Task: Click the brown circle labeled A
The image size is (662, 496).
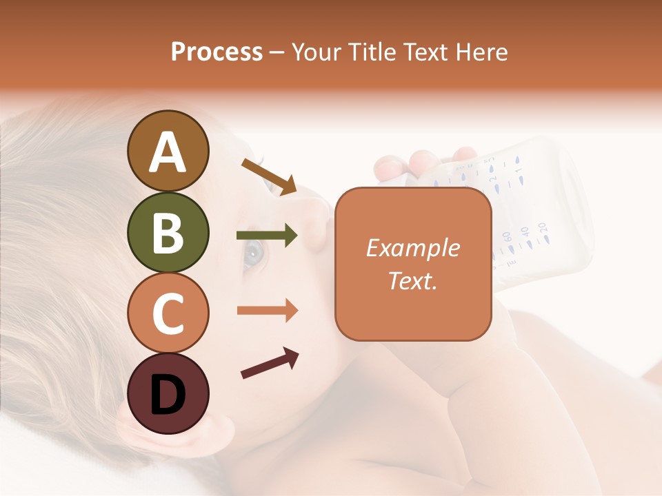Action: pyautogui.click(x=168, y=152)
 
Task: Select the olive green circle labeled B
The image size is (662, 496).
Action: pyautogui.click(x=168, y=232)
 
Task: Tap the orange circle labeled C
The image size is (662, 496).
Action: pyautogui.click(x=168, y=313)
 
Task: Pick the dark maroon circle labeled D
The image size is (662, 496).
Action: pyautogui.click(x=168, y=393)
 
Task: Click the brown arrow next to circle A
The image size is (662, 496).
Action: pyautogui.click(x=269, y=176)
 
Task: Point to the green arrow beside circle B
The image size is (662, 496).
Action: pyautogui.click(x=267, y=236)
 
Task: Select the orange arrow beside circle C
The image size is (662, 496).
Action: pyautogui.click(x=267, y=310)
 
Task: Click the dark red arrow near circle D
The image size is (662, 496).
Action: pyautogui.click(x=270, y=363)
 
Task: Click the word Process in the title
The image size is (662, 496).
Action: pyautogui.click(x=217, y=52)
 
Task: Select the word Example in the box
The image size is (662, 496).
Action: pyautogui.click(x=412, y=248)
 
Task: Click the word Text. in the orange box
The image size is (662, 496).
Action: pyautogui.click(x=412, y=280)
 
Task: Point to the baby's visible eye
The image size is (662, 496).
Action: pyautogui.click(x=253, y=254)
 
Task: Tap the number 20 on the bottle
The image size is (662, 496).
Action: pyautogui.click(x=542, y=227)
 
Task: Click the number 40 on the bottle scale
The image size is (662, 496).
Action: pyautogui.click(x=524, y=232)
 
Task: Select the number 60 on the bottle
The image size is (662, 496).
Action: pyautogui.click(x=507, y=238)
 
